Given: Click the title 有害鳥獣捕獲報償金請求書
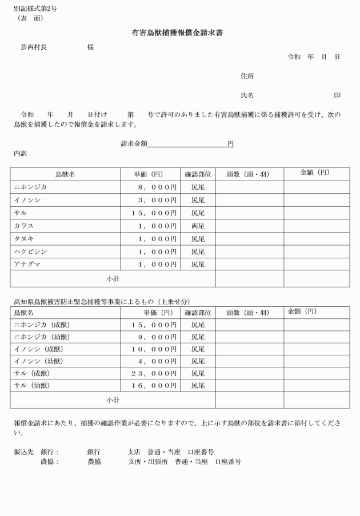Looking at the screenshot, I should point(177,33).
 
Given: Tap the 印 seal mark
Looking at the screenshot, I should point(337,95).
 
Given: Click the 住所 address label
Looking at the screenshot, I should point(247,76).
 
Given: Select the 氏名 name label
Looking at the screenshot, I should point(247,95).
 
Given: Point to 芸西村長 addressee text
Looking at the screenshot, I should point(34,47).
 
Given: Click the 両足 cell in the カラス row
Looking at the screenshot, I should point(198,226).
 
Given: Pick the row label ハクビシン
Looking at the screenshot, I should point(31,252).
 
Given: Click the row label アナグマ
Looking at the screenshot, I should point(28,265).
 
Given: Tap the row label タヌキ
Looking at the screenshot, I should point(25,239).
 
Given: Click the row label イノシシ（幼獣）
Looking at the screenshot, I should point(38,361).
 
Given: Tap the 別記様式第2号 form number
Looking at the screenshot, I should point(35,9).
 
